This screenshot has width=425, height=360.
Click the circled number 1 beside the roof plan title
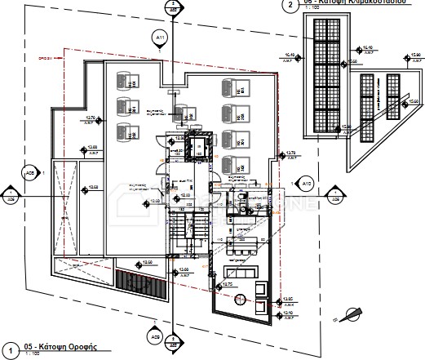tap(9, 349)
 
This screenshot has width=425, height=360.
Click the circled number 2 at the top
tap(287, 5)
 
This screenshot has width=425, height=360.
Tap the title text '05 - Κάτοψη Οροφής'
tap(60, 346)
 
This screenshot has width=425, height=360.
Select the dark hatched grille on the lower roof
tap(139, 280)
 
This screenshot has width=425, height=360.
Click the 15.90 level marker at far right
tap(415, 56)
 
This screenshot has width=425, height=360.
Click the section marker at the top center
tap(172, 8)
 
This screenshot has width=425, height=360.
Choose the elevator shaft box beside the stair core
tap(197, 149)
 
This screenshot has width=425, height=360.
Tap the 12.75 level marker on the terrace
tap(228, 284)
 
